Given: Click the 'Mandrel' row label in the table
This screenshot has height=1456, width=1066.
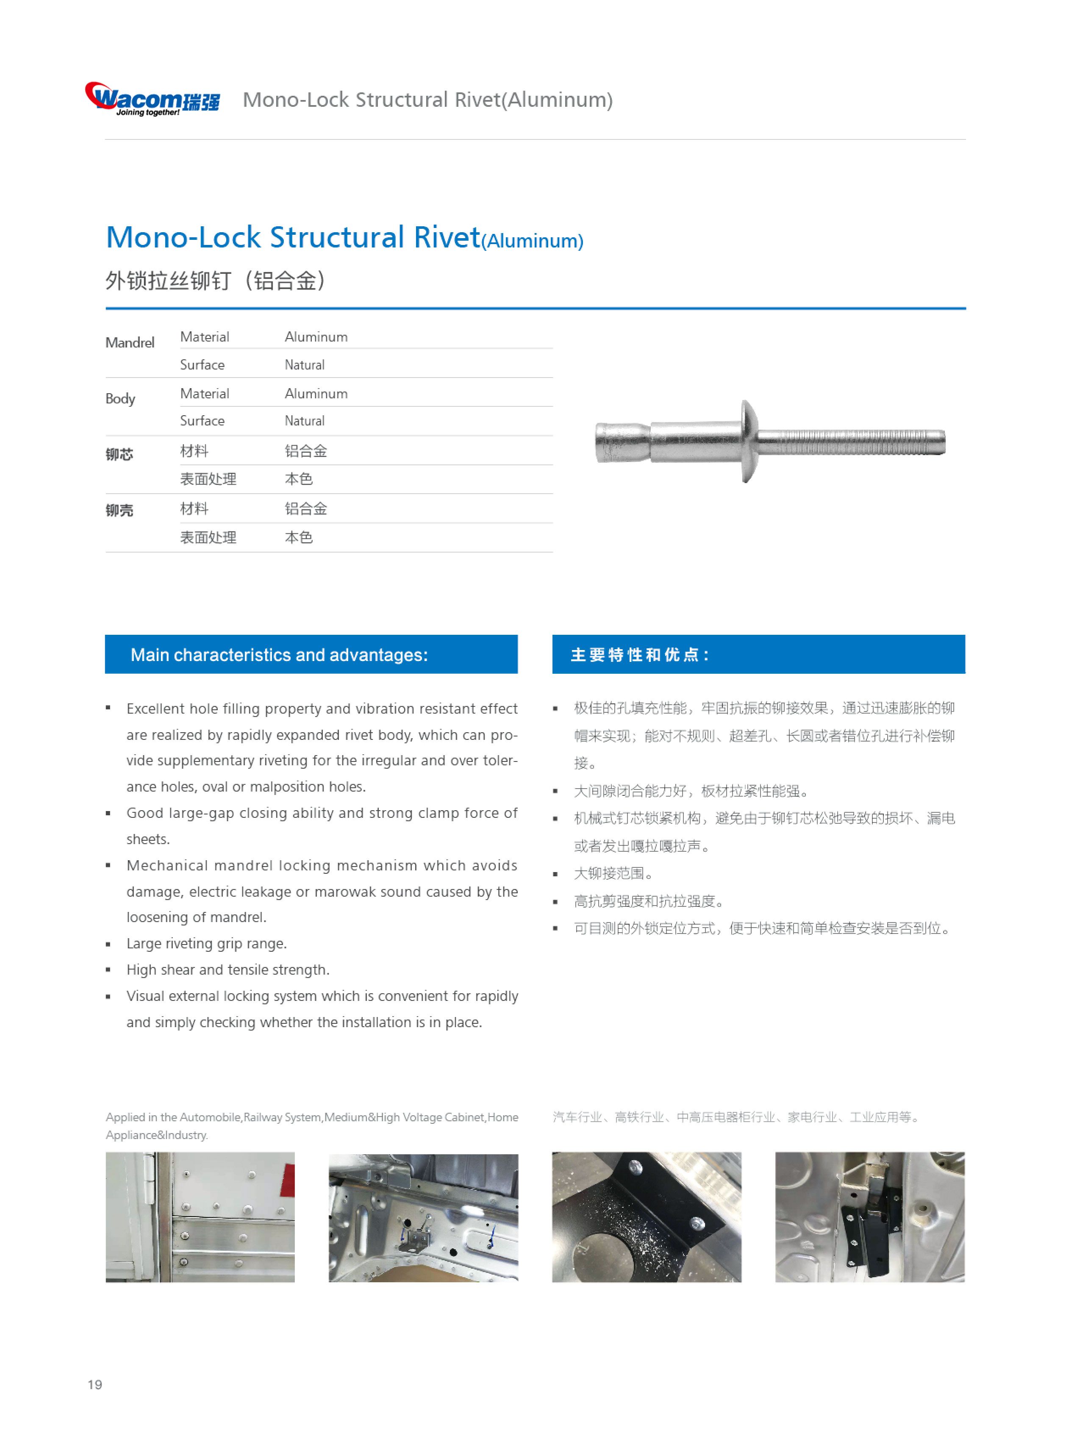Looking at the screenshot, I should click(130, 343).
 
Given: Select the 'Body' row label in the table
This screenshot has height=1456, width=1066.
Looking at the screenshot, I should click(120, 398).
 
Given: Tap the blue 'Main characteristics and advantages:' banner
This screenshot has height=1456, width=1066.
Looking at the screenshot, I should click(311, 654).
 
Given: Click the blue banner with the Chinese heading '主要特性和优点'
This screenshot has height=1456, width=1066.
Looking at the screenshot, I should click(758, 654).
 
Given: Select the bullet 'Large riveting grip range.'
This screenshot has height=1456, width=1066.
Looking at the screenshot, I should click(206, 944).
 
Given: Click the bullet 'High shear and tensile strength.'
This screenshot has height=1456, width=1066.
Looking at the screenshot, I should click(228, 970).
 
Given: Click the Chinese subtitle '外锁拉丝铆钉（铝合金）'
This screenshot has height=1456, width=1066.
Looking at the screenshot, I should click(216, 281).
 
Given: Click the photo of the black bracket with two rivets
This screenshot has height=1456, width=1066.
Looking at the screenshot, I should click(647, 1217).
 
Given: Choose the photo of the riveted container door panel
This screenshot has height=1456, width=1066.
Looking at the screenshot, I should click(200, 1217).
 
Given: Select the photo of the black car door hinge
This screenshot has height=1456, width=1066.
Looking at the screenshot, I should click(870, 1217).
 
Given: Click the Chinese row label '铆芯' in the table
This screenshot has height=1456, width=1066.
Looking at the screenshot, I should click(119, 454).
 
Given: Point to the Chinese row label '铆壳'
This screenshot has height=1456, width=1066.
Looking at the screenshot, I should click(119, 511).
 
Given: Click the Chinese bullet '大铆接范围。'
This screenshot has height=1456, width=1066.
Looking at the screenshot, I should click(614, 874).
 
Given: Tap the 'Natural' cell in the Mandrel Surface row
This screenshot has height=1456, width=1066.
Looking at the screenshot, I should click(305, 365).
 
